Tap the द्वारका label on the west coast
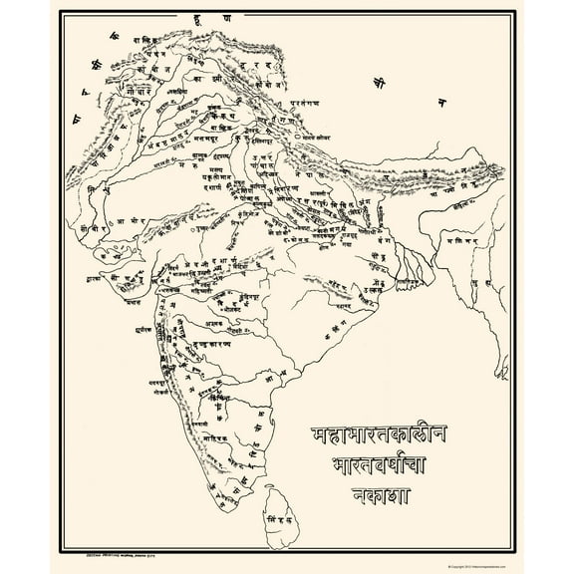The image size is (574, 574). point(100,270)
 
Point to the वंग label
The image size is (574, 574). point(378,251)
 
